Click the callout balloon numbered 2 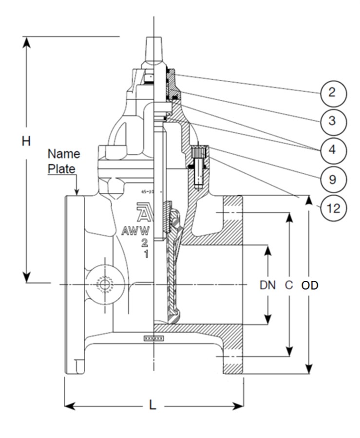(x=333, y=92)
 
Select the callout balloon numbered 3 (x=333, y=121)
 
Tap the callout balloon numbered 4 (x=333, y=149)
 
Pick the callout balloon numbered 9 (x=333, y=179)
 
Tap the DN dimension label (x=267, y=286)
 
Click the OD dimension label (x=310, y=286)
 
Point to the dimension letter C (x=289, y=286)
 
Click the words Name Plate (x=63, y=161)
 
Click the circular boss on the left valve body (x=103, y=284)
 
